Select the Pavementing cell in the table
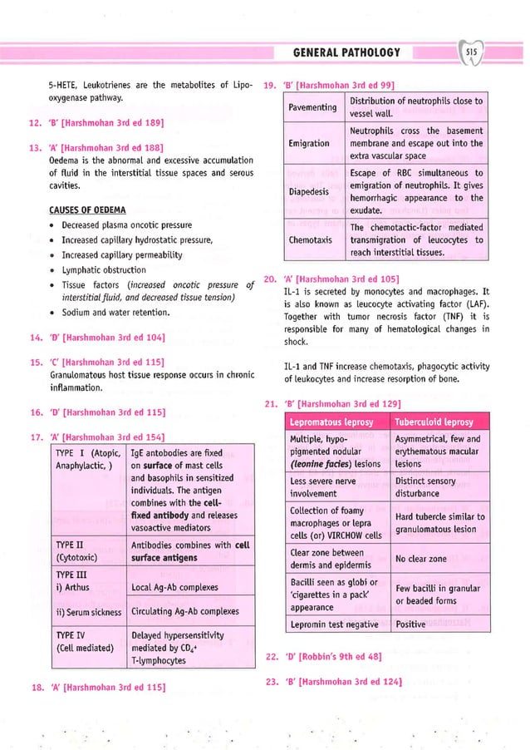(x=312, y=107)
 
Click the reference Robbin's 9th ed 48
(x=334, y=657)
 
